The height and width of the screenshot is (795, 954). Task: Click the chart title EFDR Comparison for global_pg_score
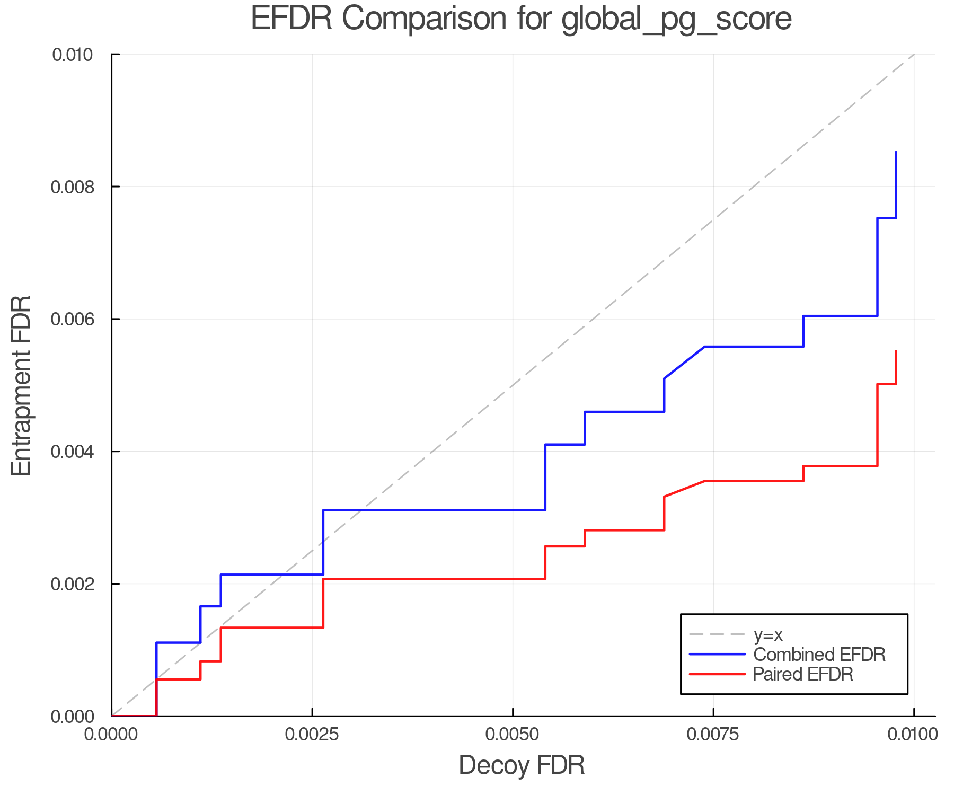(521, 19)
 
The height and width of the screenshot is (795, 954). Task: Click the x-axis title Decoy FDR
(522, 765)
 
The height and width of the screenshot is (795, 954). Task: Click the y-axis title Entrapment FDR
(21, 385)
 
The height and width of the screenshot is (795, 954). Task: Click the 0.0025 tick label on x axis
(312, 735)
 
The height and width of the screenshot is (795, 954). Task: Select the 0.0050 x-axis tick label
(513, 735)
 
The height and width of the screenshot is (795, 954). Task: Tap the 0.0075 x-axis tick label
(713, 735)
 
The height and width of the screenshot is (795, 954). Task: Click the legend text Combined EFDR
(819, 655)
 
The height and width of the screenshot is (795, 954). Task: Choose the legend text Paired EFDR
(803, 674)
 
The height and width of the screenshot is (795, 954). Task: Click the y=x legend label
(768, 634)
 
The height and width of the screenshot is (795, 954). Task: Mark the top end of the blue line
(896, 153)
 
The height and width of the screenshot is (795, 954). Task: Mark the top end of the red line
(896, 351)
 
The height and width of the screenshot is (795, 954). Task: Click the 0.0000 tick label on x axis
(112, 735)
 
